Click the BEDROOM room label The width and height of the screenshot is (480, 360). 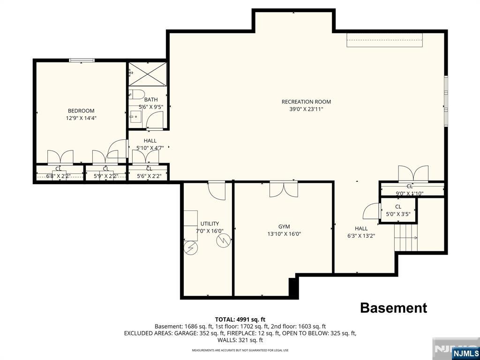(x=81, y=111)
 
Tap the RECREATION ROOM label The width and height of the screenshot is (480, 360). (x=306, y=102)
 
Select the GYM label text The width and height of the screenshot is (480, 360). (x=284, y=226)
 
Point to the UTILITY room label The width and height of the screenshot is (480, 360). (x=210, y=224)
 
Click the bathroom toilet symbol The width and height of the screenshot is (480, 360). (x=136, y=94)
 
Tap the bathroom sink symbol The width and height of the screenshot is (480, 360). (x=135, y=116)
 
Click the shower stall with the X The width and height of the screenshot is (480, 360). (x=147, y=74)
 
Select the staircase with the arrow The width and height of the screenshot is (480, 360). (x=406, y=238)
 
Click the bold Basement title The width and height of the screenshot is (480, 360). (x=393, y=307)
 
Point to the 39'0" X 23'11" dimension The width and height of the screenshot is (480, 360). (x=306, y=109)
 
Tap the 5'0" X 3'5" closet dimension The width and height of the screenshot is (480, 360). (x=398, y=214)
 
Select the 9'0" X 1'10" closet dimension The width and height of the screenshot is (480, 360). (x=410, y=193)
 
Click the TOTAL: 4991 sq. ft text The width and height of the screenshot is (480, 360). (x=240, y=320)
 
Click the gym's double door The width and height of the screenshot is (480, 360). (x=284, y=189)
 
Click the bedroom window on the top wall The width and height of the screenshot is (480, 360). (x=82, y=60)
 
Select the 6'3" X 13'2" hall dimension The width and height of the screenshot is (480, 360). (x=361, y=236)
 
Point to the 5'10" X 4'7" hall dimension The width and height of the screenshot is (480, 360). (x=150, y=148)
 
